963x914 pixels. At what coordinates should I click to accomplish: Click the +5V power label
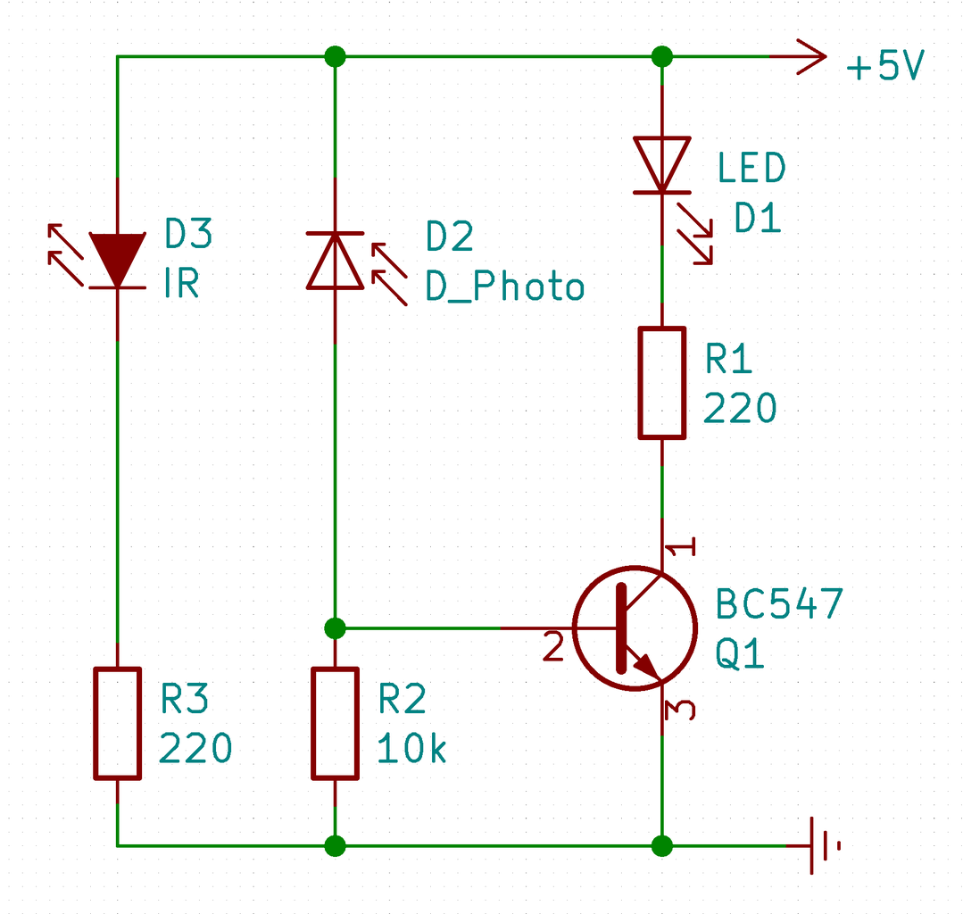click(884, 68)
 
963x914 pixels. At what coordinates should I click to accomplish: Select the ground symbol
click(822, 844)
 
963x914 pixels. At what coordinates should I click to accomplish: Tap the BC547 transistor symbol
click(634, 627)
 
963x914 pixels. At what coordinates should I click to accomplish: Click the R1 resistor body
click(661, 383)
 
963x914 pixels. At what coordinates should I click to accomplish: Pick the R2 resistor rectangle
click(335, 723)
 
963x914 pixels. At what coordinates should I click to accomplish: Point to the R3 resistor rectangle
click(118, 723)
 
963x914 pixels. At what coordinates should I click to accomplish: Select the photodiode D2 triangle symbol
click(335, 262)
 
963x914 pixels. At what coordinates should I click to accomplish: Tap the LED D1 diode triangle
click(661, 164)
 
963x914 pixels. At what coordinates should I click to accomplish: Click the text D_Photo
click(504, 287)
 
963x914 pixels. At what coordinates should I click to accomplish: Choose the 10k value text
click(411, 749)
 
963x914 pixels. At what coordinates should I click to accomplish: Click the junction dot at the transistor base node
click(335, 628)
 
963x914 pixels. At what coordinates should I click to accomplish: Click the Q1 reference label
click(740, 655)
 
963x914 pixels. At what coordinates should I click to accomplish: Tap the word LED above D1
click(751, 168)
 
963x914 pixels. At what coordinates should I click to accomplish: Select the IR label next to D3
click(181, 285)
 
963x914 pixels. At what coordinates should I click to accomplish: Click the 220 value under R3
click(195, 749)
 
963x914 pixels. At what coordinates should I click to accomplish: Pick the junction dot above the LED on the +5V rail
click(661, 57)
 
